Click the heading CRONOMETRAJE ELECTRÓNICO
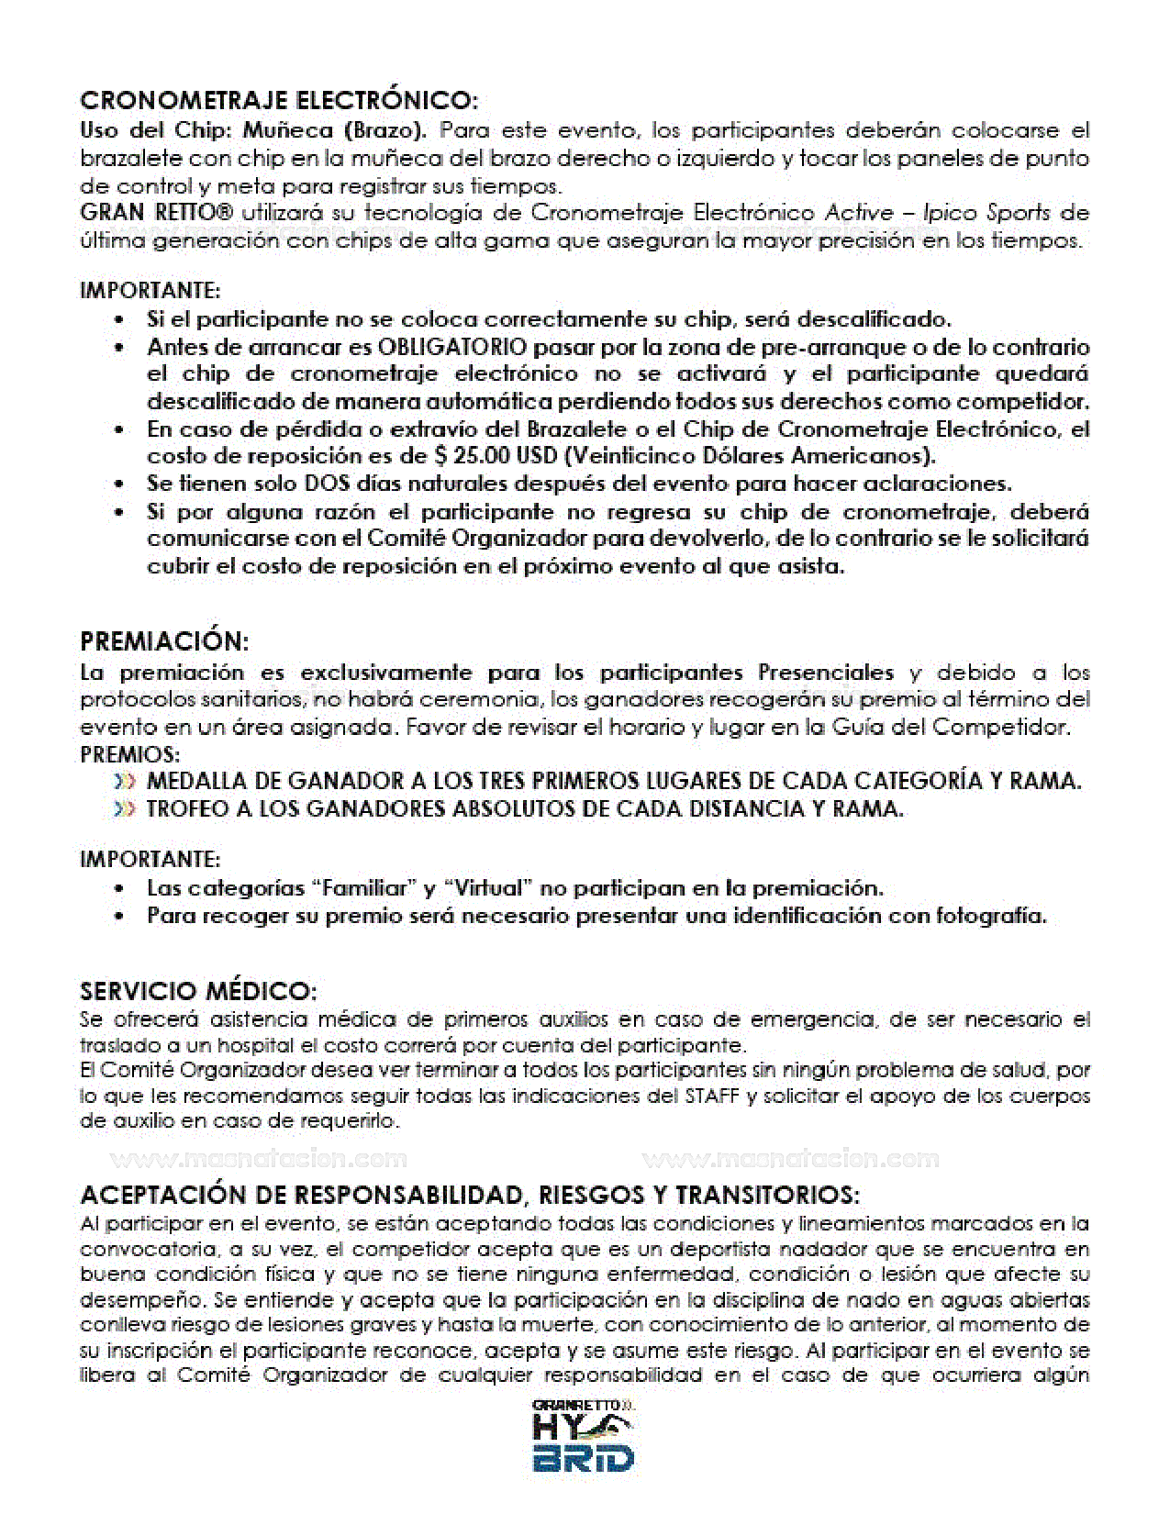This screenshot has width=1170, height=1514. [x=279, y=99]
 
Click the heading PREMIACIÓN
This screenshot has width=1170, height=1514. [x=164, y=640]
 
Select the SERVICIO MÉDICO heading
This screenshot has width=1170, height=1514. [x=198, y=991]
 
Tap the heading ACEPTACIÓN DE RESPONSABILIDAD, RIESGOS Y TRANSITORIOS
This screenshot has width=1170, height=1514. [x=470, y=1195]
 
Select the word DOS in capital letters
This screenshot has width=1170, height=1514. [x=328, y=484]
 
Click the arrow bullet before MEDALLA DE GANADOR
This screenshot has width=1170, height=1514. [x=126, y=782]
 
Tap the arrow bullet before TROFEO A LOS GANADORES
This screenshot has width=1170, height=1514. [x=126, y=809]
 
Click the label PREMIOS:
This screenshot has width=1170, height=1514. [x=130, y=754]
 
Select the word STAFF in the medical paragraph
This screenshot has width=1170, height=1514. [x=711, y=1096]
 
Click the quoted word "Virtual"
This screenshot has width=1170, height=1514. [x=488, y=888]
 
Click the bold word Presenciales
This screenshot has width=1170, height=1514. [x=826, y=673]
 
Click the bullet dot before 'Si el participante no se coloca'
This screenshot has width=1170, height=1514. [x=119, y=320]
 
